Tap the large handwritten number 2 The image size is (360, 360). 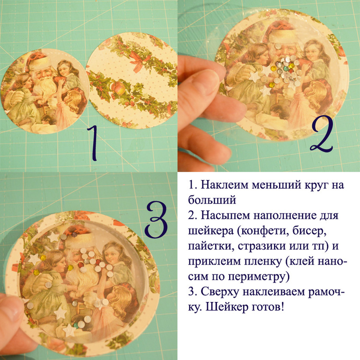point(322,134)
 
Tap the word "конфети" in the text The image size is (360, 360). point(263,231)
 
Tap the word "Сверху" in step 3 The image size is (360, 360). point(220,292)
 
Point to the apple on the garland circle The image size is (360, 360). point(118,88)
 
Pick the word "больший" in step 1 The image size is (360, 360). point(212,200)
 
